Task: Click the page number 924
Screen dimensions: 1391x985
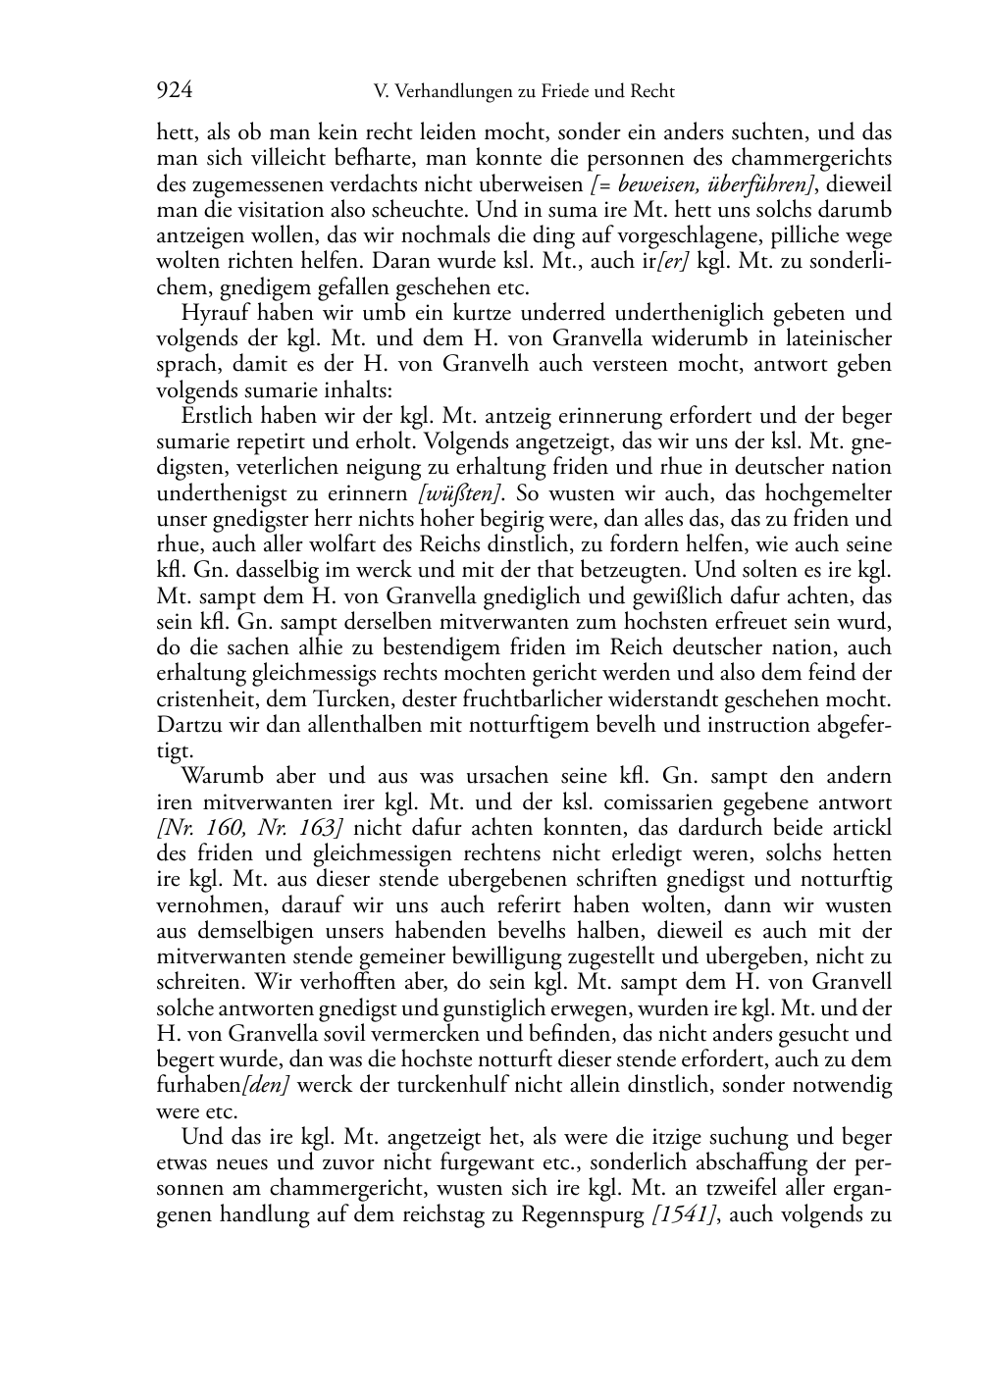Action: pyautogui.click(x=174, y=91)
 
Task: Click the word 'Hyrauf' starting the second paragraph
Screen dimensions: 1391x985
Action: pyautogui.click(x=211, y=313)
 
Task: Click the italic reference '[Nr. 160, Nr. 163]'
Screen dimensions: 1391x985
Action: pyautogui.click(x=248, y=828)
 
